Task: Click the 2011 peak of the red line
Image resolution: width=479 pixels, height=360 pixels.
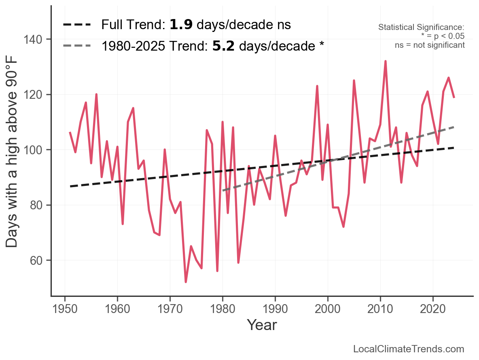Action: [386, 61]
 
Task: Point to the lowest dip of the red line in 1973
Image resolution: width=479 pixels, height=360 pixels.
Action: [186, 282]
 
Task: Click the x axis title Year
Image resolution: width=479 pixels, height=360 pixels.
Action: [262, 325]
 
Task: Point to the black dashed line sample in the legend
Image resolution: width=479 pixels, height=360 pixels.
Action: [77, 25]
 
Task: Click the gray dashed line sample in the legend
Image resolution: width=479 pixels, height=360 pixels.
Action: [77, 46]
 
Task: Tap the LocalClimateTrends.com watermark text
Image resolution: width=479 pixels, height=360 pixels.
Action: [409, 349]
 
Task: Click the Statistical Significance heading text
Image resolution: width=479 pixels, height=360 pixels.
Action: [421, 28]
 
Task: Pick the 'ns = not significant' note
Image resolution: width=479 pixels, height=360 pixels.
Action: [430, 45]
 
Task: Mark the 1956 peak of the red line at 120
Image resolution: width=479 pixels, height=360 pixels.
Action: [96, 94]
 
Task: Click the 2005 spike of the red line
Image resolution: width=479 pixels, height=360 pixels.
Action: [354, 81]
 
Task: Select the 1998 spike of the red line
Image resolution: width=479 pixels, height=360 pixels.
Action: [317, 86]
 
